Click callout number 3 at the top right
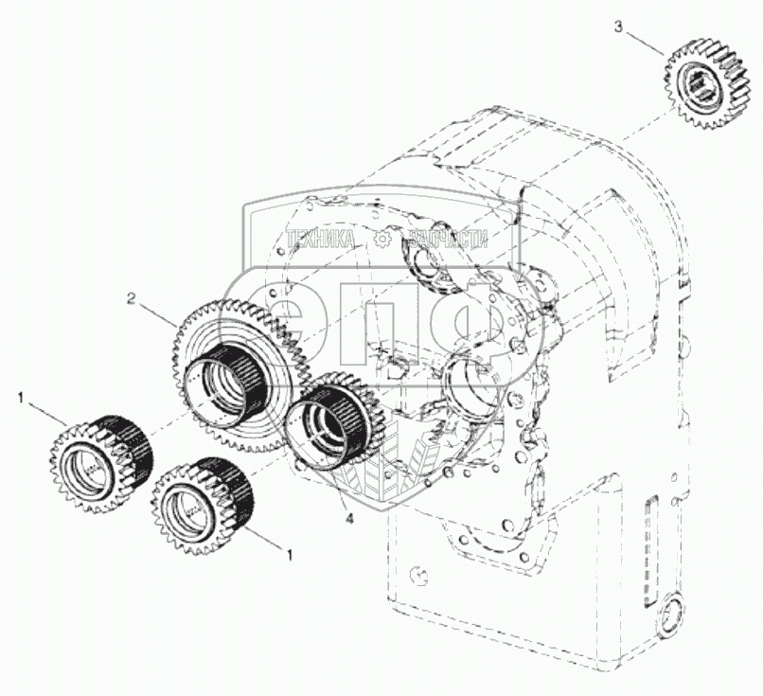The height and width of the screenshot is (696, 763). point(619,27)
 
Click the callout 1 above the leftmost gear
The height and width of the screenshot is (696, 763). point(20,400)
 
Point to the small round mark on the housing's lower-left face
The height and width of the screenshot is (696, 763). point(417,575)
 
